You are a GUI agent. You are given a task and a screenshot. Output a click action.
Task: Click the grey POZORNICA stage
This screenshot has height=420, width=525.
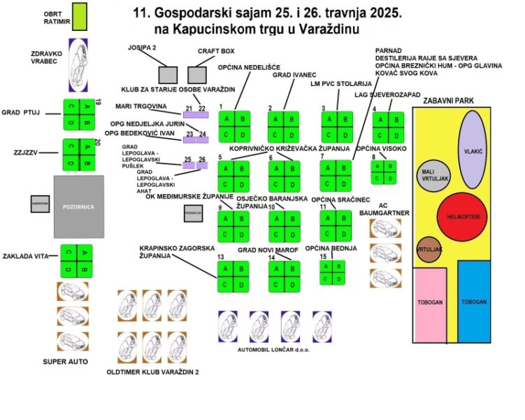(x=79, y=206)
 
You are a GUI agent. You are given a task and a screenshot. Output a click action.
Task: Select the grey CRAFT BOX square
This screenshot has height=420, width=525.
(x=199, y=74)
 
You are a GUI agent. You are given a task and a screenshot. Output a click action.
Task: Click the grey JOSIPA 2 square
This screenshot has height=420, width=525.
(x=167, y=75)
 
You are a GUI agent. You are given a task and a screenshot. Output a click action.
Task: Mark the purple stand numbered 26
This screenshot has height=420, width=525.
(x=203, y=167)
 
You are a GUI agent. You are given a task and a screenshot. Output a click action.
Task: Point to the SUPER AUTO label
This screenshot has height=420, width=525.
(x=66, y=361)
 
